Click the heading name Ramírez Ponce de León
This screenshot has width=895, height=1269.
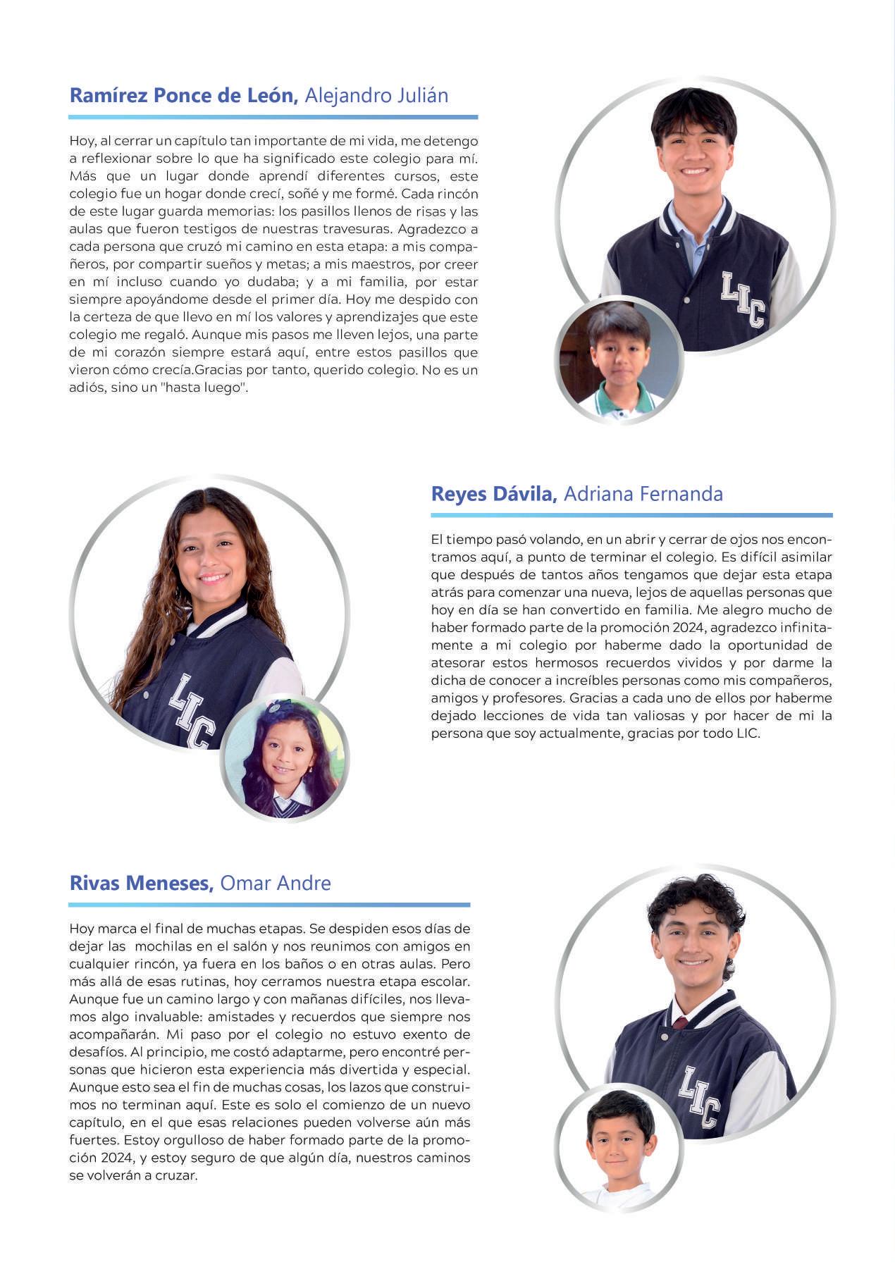pyautogui.click(x=183, y=96)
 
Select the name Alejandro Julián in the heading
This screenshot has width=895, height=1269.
pyautogui.click(x=376, y=96)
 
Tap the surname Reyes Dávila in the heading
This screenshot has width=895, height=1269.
pyautogui.click(x=493, y=494)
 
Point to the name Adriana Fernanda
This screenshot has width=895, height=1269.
pyautogui.click(x=643, y=494)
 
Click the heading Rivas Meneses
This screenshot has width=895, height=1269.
pyautogui.click(x=141, y=884)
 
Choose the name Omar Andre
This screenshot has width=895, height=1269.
pyautogui.click(x=276, y=884)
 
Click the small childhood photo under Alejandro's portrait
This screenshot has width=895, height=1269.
pyautogui.click(x=619, y=360)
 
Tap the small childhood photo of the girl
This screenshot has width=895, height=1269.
pyautogui.click(x=285, y=760)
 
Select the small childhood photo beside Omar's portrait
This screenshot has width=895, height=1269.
pyautogui.click(x=619, y=1146)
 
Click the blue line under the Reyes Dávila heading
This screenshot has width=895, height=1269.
pyautogui.click(x=631, y=515)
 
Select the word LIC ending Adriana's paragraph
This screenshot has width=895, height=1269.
pyautogui.click(x=748, y=733)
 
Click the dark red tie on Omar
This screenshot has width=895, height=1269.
pyautogui.click(x=680, y=1022)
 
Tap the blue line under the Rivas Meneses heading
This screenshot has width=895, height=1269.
pyautogui.click(x=269, y=905)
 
